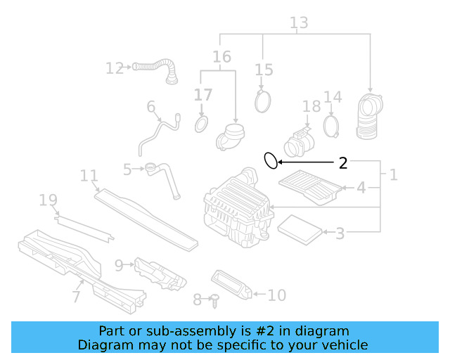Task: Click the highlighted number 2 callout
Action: [x=342, y=163]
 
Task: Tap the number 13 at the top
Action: [x=299, y=23]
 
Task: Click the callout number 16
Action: [x=221, y=57]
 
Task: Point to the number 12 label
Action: [x=115, y=68]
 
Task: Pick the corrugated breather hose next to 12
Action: [x=158, y=70]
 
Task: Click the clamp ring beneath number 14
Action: [x=332, y=127]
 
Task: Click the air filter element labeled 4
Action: [x=311, y=187]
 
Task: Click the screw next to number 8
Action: [x=216, y=300]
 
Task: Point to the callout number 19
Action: [x=48, y=201]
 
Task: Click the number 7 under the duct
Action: [x=76, y=297]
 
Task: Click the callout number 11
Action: [x=89, y=175]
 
